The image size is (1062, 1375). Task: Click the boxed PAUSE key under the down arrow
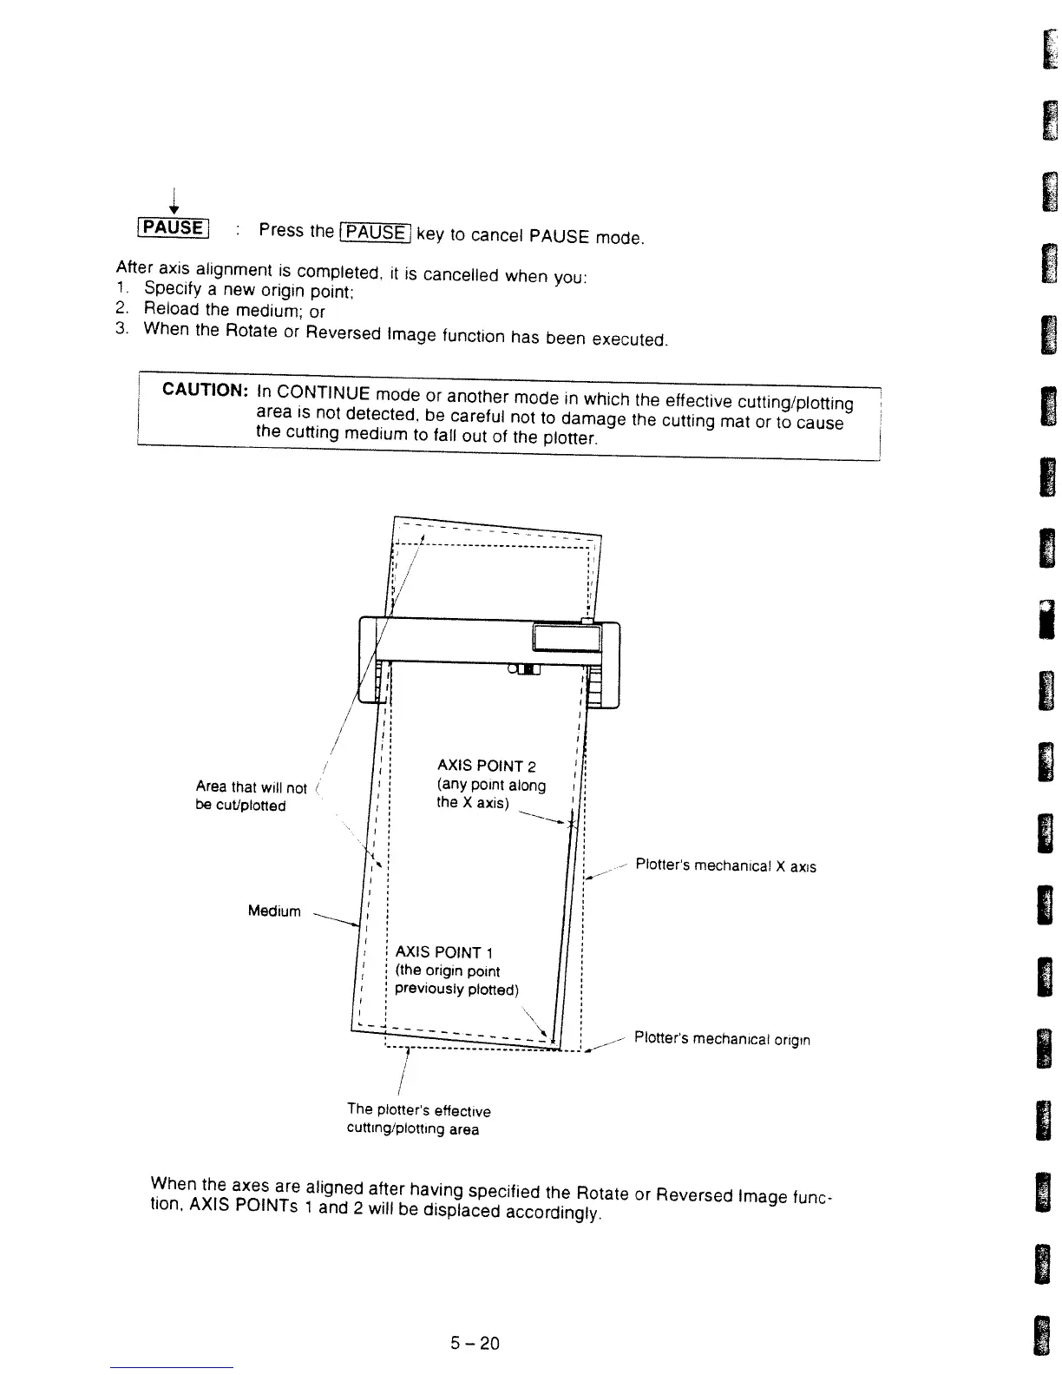[174, 228]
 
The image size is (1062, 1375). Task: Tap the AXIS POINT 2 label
[486, 766]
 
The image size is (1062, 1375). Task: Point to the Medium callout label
[274, 911]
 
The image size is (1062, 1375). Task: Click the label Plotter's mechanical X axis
[725, 865]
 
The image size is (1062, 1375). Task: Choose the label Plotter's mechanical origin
[722, 1038]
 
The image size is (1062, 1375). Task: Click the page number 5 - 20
[475, 1344]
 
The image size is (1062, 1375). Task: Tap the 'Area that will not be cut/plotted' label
[251, 796]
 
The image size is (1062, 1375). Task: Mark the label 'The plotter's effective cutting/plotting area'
[418, 1119]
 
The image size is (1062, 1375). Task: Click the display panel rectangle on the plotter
[567, 640]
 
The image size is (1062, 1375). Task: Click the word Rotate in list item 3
[249, 331]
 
